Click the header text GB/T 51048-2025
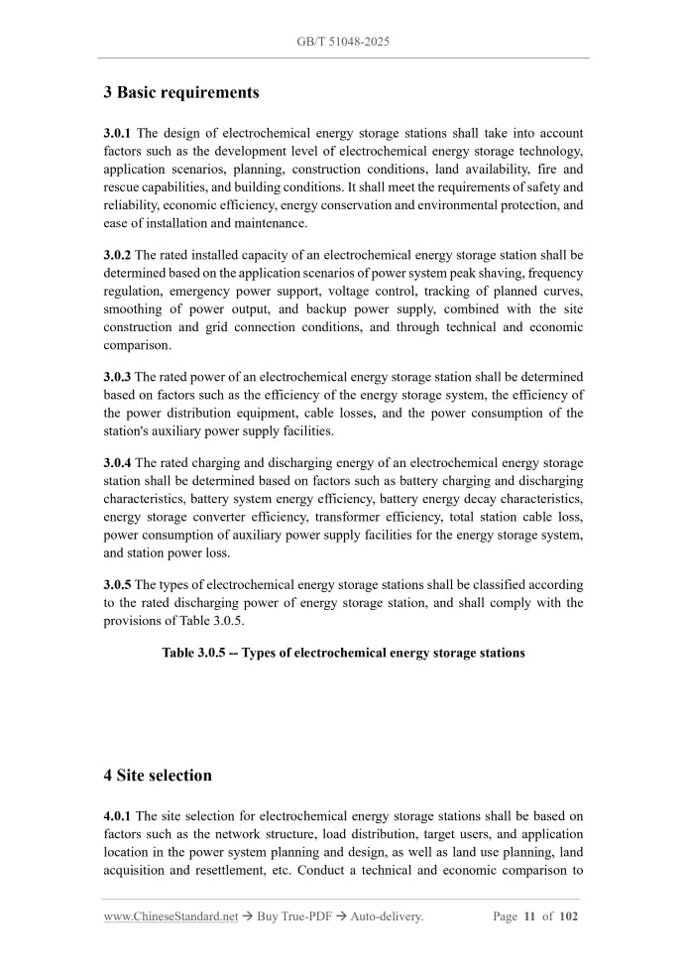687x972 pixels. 343,42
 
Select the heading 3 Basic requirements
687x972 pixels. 181,92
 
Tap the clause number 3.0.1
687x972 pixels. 118,133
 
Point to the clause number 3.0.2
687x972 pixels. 118,255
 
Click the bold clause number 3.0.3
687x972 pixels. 118,377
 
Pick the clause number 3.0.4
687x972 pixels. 118,463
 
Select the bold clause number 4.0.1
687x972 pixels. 118,816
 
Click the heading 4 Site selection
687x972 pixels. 158,775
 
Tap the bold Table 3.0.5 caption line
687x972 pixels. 343,653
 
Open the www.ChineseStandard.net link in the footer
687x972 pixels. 171,916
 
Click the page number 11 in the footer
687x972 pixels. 530,916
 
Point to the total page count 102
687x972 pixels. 568,916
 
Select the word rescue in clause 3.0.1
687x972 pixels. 123,186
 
